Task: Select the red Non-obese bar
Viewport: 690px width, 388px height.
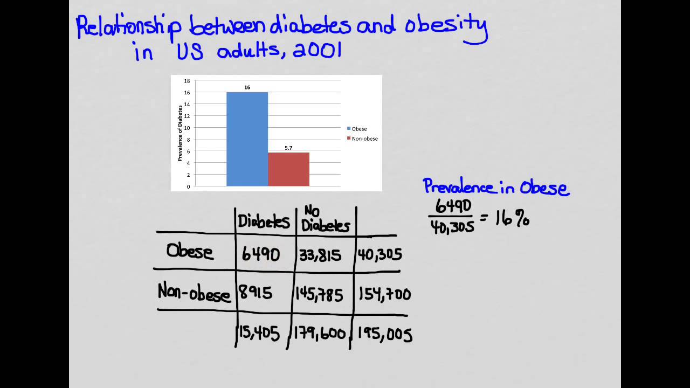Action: coord(288,169)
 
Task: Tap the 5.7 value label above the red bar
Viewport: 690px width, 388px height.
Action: coord(288,148)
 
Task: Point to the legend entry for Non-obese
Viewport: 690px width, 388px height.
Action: coord(362,138)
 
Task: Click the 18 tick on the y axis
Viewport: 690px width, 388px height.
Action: coord(187,81)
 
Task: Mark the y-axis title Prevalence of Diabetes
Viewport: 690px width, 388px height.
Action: coord(180,133)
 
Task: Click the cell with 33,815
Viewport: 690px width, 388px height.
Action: coord(320,255)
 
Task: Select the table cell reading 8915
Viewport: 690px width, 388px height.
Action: coord(257,293)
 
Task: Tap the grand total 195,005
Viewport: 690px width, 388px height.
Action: coord(384,335)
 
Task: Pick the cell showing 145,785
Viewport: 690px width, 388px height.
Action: coord(319,294)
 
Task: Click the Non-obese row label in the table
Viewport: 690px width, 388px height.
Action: coord(194,293)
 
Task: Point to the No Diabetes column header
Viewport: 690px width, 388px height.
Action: coord(325,219)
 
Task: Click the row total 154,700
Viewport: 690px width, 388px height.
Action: coord(384,294)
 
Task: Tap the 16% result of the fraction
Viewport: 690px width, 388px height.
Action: coord(512,219)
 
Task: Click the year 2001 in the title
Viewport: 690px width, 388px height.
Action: coord(318,51)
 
